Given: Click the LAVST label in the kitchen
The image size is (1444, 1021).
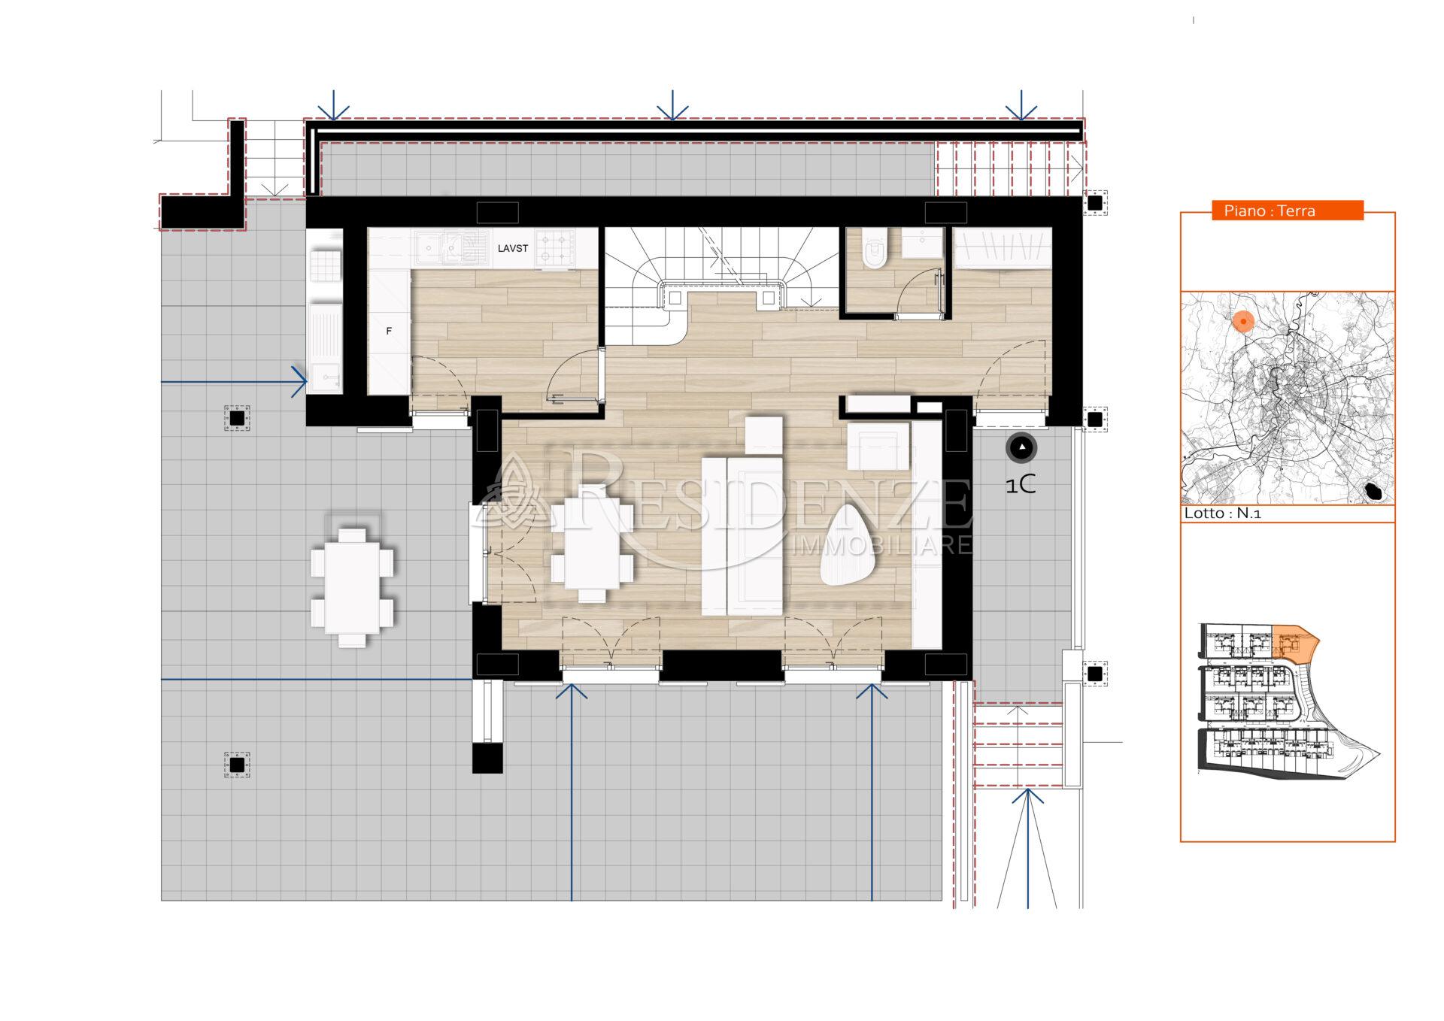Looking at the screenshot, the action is (512, 248).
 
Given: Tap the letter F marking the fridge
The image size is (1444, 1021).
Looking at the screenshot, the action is (389, 331).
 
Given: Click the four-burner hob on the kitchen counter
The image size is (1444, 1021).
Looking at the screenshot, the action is (555, 247).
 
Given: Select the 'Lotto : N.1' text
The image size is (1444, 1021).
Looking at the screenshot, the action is (1222, 514).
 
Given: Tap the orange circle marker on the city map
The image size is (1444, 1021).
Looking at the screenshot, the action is (1243, 322).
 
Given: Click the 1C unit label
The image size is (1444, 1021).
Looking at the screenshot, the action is (1021, 486).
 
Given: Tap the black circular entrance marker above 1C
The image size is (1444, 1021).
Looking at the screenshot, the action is (1021, 448).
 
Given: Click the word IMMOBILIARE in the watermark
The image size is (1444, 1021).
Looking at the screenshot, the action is (882, 545).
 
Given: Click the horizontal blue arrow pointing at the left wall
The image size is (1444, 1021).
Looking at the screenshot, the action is (234, 382).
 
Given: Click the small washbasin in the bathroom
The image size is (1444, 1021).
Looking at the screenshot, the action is (922, 242).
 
